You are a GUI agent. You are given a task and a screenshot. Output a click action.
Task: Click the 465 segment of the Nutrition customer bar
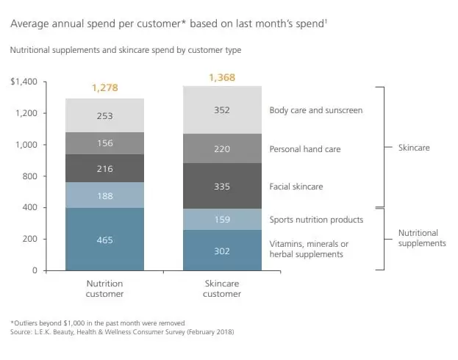[x=105, y=240]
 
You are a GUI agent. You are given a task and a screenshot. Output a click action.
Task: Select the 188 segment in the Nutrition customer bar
[x=105, y=195]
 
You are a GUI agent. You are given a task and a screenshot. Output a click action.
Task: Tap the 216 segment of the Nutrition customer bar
[x=105, y=169]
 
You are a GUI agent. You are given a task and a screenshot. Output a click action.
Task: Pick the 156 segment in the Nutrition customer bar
[x=105, y=144]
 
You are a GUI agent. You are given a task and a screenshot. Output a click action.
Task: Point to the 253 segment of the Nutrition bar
[x=105, y=115]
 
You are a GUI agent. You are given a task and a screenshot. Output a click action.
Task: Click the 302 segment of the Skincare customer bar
[x=222, y=251]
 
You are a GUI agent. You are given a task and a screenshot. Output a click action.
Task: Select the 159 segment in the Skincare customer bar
[x=222, y=219]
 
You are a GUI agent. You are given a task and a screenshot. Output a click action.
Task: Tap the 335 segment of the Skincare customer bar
[x=222, y=186]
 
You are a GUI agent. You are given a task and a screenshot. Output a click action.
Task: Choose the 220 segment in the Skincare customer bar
[x=222, y=148]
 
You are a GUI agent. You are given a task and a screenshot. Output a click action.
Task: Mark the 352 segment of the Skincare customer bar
[x=222, y=110]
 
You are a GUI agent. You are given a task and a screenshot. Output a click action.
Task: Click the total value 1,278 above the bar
[x=105, y=88]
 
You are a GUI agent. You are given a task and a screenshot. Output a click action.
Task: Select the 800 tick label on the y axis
[x=29, y=176]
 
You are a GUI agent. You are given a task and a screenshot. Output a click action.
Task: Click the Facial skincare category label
[x=296, y=187]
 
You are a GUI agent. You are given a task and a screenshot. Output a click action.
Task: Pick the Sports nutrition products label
[x=316, y=219]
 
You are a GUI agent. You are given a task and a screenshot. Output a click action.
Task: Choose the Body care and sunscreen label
[x=316, y=110]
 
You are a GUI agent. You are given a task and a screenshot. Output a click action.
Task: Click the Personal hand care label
[x=304, y=148]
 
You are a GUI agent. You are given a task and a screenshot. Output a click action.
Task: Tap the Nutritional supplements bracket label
[x=421, y=237]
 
